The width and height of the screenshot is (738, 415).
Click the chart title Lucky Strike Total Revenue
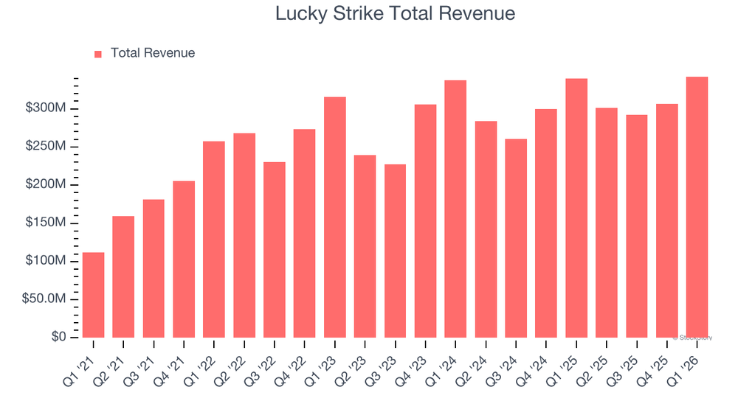[395, 13]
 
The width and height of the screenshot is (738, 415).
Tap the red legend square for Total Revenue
[98, 54]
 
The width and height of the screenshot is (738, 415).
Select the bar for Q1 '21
[93, 295]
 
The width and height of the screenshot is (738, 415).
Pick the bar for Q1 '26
[697, 207]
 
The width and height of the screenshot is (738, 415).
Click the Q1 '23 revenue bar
[334, 217]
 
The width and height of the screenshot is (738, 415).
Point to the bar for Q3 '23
[395, 251]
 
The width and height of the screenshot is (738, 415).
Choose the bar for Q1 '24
[455, 209]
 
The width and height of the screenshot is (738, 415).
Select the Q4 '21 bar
[184, 259]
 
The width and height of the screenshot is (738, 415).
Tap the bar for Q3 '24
[516, 238]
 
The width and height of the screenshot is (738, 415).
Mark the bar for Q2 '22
[244, 235]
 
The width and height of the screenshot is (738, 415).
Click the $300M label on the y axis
[46, 108]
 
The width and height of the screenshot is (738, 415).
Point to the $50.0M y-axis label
[44, 299]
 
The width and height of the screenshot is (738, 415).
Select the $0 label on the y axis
[58, 337]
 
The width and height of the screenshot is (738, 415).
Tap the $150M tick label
[46, 222]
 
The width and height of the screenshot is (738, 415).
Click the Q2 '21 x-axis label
[109, 371]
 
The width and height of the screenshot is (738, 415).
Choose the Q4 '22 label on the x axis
[290, 371]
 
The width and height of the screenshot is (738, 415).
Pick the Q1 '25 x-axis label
[562, 371]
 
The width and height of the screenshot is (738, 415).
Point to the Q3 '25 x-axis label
[622, 371]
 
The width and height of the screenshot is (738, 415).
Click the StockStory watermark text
[692, 338]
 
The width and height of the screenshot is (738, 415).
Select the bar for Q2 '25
[606, 223]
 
